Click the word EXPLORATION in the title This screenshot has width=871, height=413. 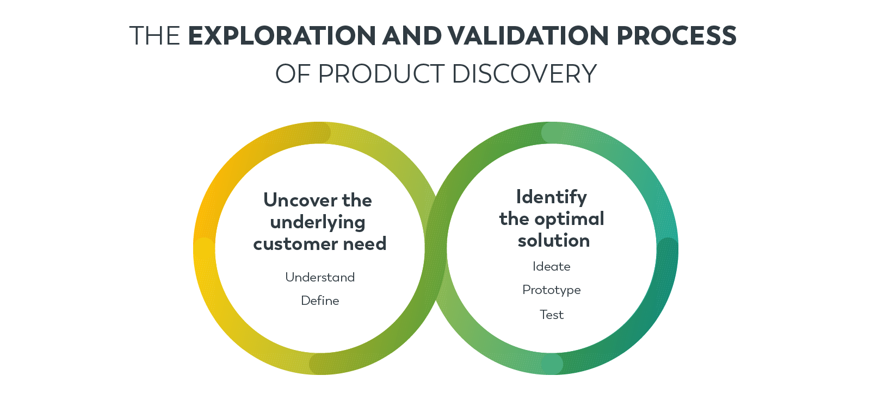click(x=282, y=36)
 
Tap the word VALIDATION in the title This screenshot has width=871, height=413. click(x=528, y=36)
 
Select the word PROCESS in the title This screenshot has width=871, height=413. click(x=676, y=36)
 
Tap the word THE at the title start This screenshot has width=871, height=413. click(x=155, y=36)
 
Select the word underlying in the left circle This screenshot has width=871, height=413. click(x=318, y=222)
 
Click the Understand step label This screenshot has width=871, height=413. click(x=320, y=277)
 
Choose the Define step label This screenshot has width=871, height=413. click(x=320, y=301)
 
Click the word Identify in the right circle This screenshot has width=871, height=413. click(x=552, y=197)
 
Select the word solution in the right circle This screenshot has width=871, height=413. click(x=554, y=240)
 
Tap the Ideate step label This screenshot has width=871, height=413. click(x=552, y=266)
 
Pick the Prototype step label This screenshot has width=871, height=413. click(x=552, y=290)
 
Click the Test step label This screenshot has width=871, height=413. click(x=552, y=315)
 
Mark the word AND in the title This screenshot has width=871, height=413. click(x=411, y=36)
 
